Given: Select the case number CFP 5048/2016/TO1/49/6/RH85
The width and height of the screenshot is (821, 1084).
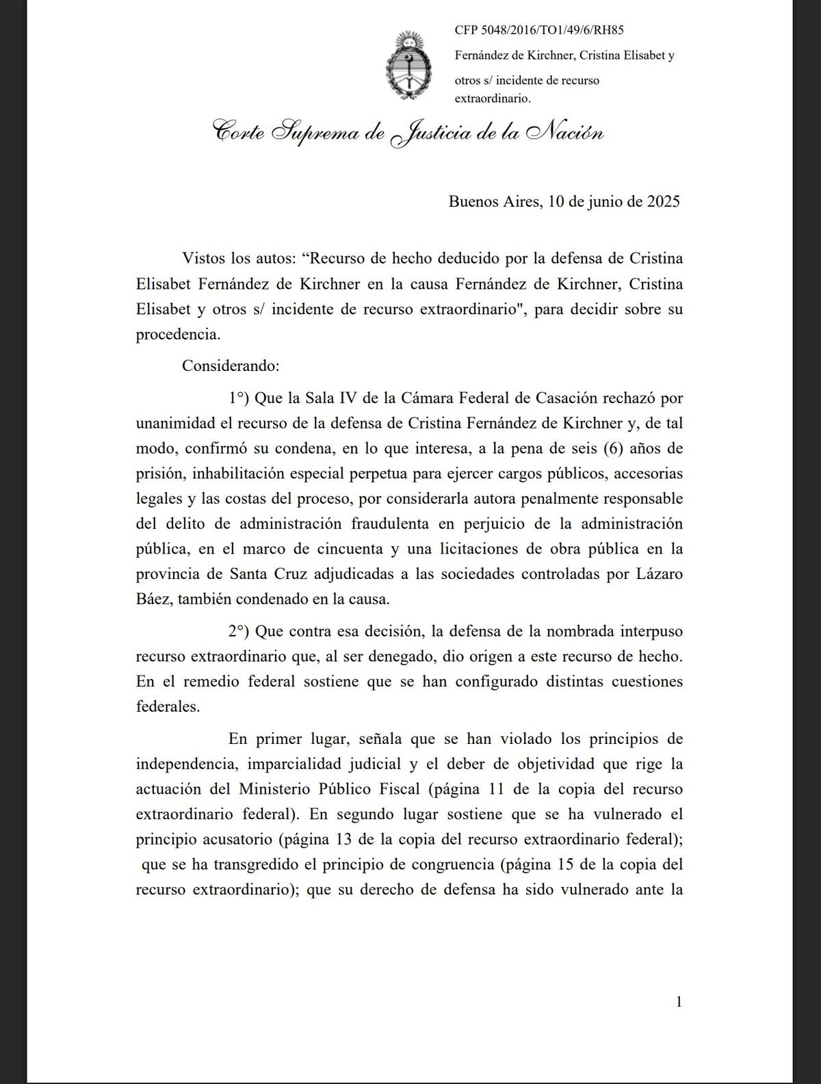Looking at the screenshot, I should pos(539,30).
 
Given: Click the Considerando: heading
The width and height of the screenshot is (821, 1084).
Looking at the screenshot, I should pos(231,365).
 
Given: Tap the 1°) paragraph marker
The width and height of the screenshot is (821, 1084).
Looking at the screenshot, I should pos(240,398).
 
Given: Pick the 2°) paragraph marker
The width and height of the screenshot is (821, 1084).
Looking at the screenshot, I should pos(240,631).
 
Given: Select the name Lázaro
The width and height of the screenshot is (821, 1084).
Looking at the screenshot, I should pos(656,573).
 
